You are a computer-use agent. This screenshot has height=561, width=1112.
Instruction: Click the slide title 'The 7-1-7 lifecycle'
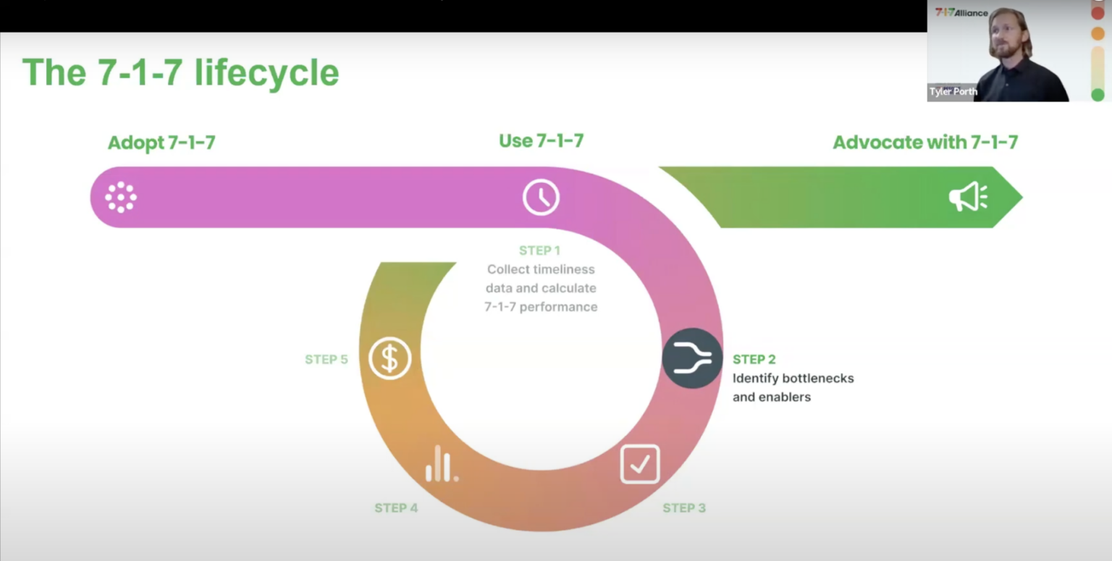click(180, 72)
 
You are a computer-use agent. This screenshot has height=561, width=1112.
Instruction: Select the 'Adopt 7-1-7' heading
click(161, 143)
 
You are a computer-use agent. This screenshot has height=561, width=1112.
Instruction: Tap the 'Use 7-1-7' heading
click(541, 140)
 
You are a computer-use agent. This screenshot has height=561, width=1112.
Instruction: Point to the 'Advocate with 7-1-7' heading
click(925, 142)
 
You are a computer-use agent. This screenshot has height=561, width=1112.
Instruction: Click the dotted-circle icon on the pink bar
click(121, 197)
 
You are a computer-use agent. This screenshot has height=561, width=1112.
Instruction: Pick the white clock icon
click(541, 197)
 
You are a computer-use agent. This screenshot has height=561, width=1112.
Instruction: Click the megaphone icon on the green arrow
click(968, 196)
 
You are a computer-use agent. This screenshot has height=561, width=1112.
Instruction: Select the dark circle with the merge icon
click(692, 358)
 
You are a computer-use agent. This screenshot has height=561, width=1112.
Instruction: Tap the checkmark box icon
click(640, 464)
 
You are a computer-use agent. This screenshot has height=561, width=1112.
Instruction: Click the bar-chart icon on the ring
click(442, 464)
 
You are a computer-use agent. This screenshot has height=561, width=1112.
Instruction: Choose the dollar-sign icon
click(389, 358)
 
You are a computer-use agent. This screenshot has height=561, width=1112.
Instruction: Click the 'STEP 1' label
click(539, 250)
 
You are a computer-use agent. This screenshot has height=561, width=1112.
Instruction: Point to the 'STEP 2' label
click(754, 359)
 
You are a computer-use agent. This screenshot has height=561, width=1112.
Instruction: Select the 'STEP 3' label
click(684, 508)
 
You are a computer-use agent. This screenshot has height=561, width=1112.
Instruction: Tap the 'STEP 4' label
click(396, 508)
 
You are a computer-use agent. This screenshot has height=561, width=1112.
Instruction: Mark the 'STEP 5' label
click(326, 360)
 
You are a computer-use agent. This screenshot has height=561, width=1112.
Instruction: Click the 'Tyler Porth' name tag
click(953, 92)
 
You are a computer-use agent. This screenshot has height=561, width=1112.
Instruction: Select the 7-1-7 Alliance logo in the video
click(961, 12)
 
